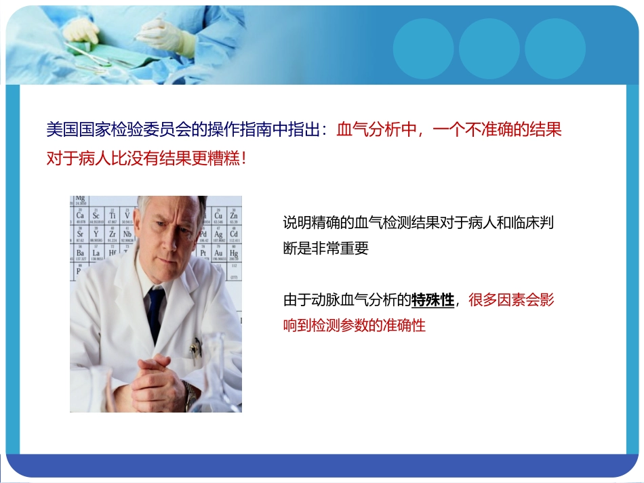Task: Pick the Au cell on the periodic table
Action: coord(218,254)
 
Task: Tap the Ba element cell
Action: coord(80,254)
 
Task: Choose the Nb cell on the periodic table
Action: coord(127,235)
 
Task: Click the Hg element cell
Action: coord(234,254)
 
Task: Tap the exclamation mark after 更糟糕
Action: coord(243,158)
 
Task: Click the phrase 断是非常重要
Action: coord(325,248)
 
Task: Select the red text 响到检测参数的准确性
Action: coord(354,325)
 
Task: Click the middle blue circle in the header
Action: coord(489,48)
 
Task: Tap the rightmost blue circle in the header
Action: coord(555,48)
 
